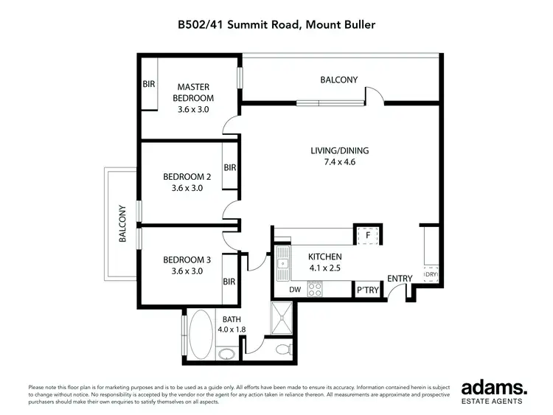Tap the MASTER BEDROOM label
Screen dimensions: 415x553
[193, 92]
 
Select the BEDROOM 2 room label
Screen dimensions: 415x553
[187, 177]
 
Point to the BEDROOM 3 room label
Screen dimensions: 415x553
[187, 259]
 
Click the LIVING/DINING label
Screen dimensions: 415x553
[339, 150]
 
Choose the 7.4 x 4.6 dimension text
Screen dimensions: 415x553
[339, 162]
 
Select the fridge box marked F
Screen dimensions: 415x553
[367, 235]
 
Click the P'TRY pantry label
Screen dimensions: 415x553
[367, 290]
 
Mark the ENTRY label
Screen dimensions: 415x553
[400, 278]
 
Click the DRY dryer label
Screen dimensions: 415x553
[430, 275]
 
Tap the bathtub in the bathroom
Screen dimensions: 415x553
[200, 329]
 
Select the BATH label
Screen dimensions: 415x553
[233, 318]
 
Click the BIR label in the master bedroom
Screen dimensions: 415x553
[148, 85]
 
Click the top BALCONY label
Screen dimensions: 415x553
[338, 80]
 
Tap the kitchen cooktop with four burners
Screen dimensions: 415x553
[314, 290]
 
